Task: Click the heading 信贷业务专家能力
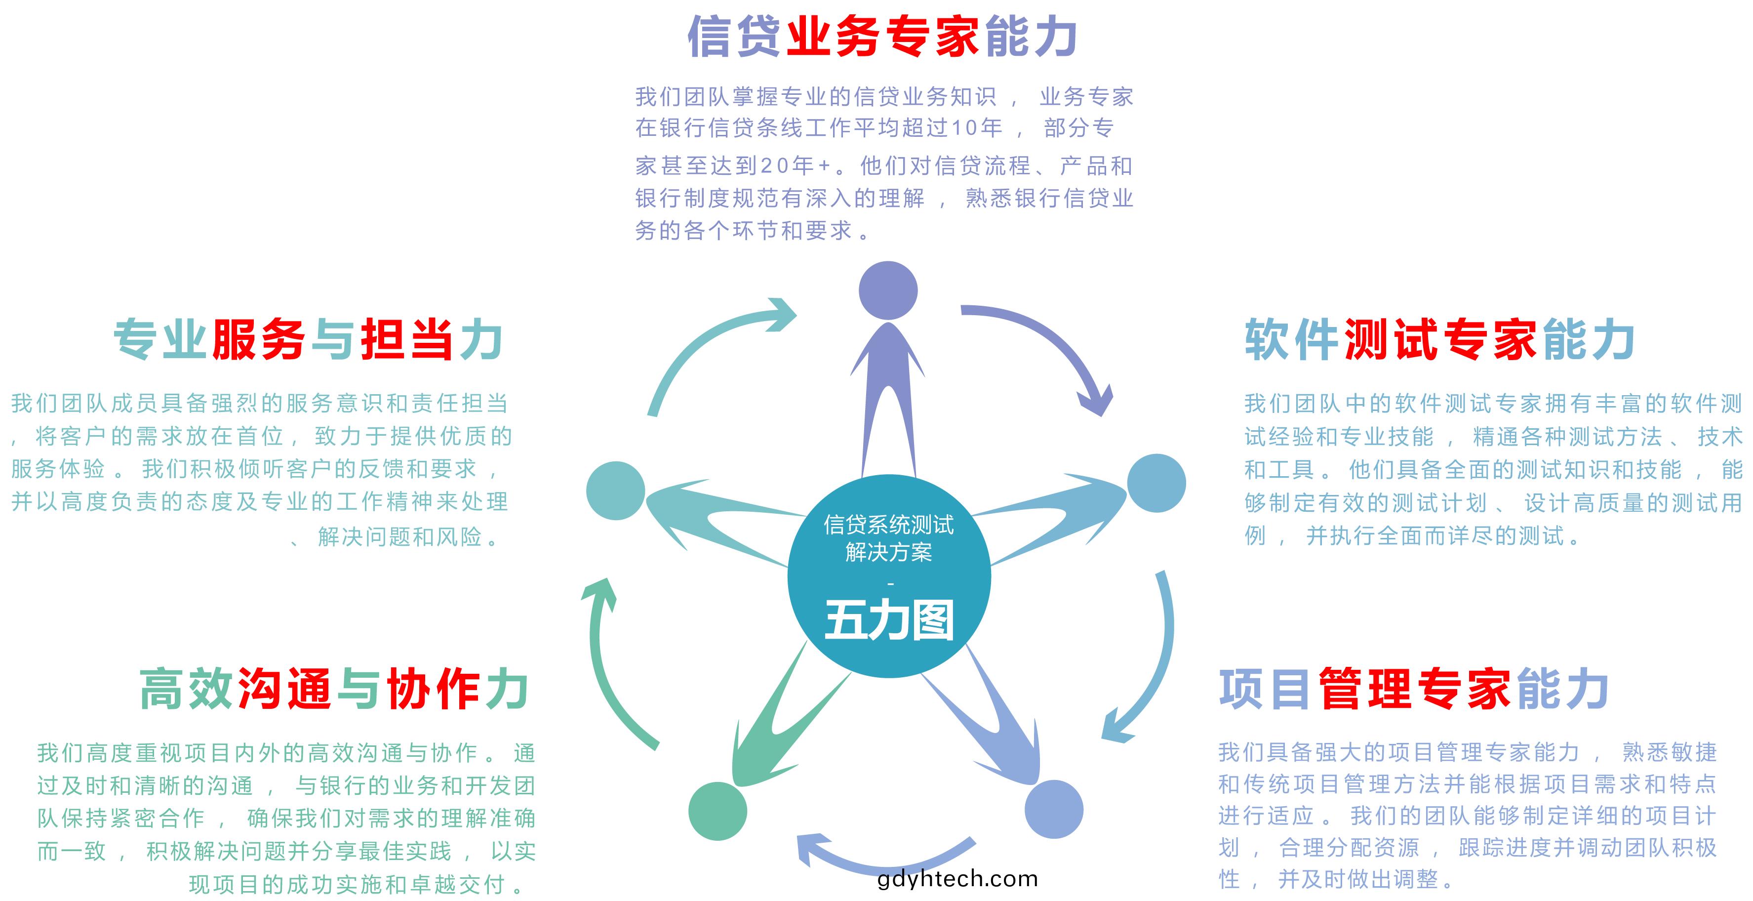[x=882, y=36]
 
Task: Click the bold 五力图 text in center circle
[x=889, y=619]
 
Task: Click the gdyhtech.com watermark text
[x=957, y=879]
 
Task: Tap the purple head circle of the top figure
[x=888, y=290]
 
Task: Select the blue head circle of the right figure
[x=1156, y=483]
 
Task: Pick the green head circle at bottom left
[x=718, y=811]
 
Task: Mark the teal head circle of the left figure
[x=615, y=491]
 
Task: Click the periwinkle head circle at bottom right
[x=1053, y=809]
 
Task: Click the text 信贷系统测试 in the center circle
[x=889, y=525]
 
